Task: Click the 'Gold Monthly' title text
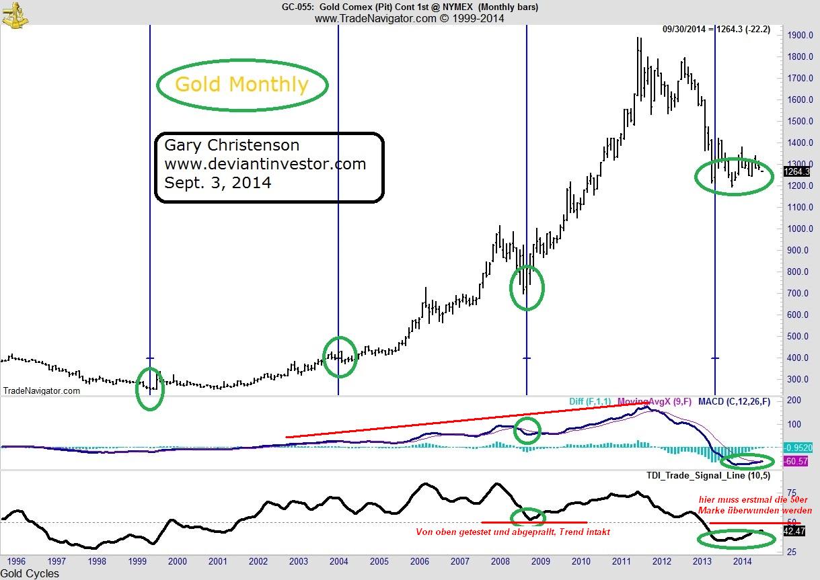tap(241, 85)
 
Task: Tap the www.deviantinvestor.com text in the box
tap(265, 163)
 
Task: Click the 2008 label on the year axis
tap(500, 561)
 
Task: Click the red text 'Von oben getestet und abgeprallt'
tap(513, 532)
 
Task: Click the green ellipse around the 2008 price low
tap(527, 288)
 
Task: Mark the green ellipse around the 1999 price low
tap(149, 389)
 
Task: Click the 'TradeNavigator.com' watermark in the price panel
tap(42, 390)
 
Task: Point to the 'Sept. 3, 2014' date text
tap(218, 182)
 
